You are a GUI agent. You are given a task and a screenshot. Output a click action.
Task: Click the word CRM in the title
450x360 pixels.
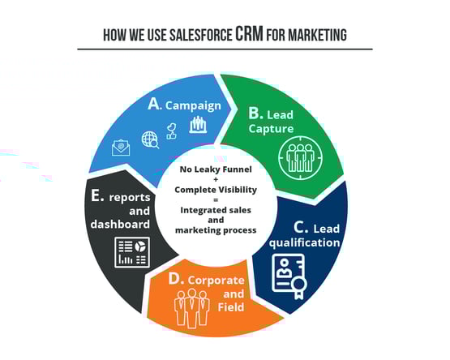(249, 33)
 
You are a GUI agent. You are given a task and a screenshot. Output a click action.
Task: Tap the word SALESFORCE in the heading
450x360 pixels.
(200, 35)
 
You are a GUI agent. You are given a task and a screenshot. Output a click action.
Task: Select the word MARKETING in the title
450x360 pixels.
(317, 35)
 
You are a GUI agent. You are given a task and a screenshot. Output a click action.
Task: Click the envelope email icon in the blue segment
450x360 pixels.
(121, 148)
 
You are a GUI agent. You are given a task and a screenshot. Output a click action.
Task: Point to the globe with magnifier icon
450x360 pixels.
(150, 139)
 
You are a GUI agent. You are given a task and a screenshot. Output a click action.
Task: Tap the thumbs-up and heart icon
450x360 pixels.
(172, 131)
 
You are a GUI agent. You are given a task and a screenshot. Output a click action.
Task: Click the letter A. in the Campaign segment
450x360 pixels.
(155, 104)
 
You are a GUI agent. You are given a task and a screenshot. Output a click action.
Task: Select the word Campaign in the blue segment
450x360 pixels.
(193, 106)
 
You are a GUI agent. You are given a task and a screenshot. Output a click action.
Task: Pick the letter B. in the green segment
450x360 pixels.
(255, 114)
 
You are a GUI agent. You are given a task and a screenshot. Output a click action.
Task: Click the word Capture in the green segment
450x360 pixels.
(271, 128)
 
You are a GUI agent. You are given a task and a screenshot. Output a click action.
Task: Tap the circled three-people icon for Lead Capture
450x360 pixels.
(300, 158)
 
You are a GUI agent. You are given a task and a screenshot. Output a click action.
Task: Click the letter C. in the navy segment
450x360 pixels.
(301, 227)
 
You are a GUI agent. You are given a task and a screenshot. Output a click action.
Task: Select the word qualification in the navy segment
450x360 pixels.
(305, 243)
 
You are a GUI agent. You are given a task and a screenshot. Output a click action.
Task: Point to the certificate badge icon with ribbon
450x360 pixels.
(289, 276)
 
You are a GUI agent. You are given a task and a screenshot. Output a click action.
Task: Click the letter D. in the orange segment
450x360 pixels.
(176, 279)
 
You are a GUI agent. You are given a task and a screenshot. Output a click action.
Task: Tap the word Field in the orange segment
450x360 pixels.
(231, 307)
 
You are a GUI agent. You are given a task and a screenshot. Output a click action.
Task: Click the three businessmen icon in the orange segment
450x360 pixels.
(191, 308)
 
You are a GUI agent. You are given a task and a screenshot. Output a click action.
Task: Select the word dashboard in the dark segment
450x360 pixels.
(120, 225)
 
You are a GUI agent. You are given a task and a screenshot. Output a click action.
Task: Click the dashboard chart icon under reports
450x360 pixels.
(132, 252)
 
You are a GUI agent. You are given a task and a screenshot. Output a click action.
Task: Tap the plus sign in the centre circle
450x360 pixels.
(216, 179)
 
